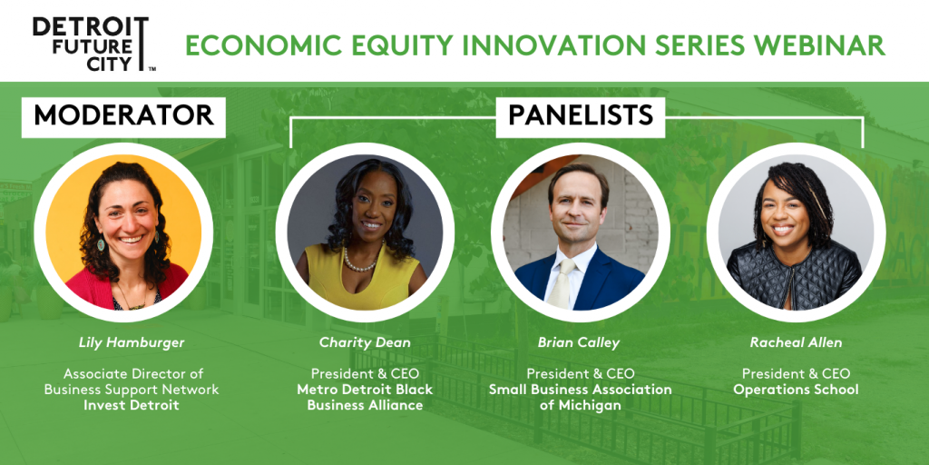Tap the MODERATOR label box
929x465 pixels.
(123, 116)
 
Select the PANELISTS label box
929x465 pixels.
(581, 116)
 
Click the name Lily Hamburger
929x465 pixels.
(123, 342)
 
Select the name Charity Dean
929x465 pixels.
(365, 342)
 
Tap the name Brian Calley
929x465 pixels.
(580, 342)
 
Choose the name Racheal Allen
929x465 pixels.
(796, 342)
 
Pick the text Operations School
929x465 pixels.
(796, 390)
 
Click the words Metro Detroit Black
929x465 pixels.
(365, 390)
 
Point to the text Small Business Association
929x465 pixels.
(580, 390)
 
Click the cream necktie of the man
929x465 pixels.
(560, 283)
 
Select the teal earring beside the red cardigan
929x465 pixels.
(102, 244)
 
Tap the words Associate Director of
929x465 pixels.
(132, 374)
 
